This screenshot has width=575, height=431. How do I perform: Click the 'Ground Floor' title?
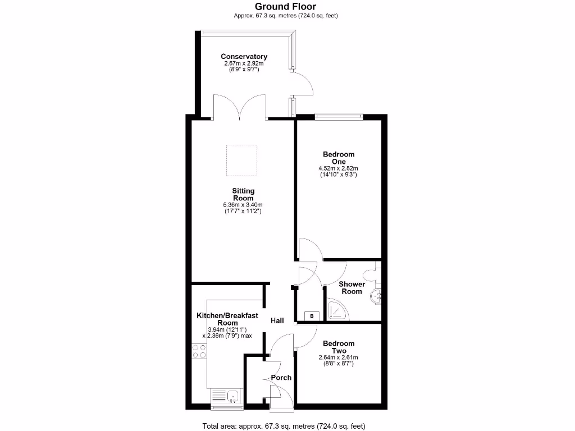coord(285,6)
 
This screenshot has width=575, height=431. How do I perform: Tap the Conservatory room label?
coord(244,57)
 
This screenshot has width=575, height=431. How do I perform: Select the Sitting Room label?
coord(244,195)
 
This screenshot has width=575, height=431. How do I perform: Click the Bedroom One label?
coord(339,158)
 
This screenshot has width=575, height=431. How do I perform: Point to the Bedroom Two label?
coord(339,347)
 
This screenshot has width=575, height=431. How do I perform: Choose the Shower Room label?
coord(352,287)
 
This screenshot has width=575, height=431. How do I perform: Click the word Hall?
coord(277,321)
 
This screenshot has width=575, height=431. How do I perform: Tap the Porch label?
coord(281,378)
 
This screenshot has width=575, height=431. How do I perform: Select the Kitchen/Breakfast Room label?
coord(227,319)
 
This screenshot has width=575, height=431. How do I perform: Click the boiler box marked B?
coord(312,317)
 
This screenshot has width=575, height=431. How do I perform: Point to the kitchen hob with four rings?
coord(199,351)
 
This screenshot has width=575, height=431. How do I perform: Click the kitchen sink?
coord(232,397)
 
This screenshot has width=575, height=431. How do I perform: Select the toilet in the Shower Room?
coord(371,275)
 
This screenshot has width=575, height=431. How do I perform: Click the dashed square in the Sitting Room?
coord(241,160)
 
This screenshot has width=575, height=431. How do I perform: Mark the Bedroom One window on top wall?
coord(339,117)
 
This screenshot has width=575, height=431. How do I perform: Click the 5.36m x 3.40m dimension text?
coord(243,205)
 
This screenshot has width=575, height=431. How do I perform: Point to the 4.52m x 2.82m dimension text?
coord(339,168)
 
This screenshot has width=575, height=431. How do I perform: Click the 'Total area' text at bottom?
coord(285,425)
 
